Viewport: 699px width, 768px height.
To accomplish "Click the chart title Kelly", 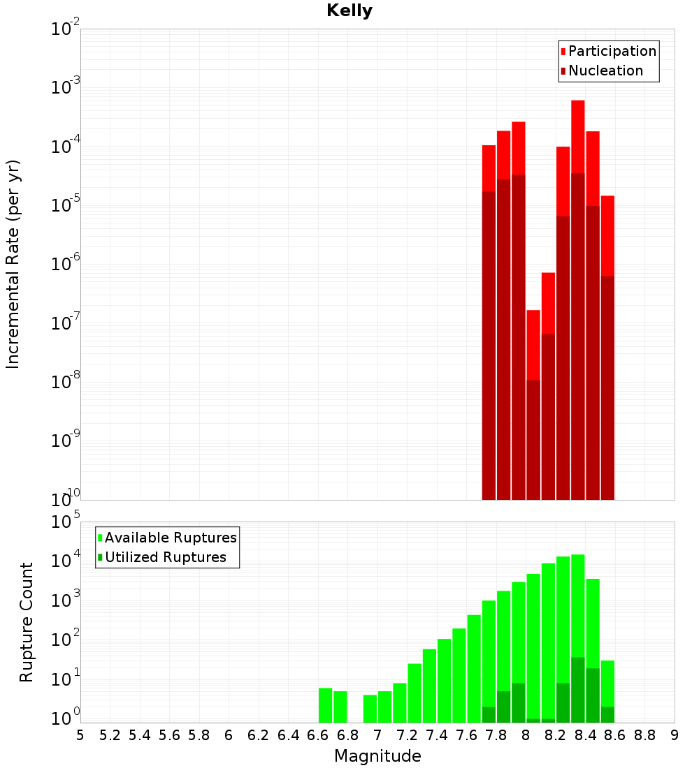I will [349, 11].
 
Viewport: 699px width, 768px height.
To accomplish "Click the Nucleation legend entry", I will [605, 71].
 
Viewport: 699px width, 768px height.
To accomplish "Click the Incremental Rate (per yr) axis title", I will [13, 265].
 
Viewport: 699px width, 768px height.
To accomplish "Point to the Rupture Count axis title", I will [27, 622].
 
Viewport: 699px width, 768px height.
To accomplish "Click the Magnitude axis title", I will [377, 756].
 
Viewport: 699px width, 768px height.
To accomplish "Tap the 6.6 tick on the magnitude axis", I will [318, 735].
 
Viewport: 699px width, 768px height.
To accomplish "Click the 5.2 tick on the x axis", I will [110, 735].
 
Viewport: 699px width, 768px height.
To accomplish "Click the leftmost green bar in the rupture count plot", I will [325, 705].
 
